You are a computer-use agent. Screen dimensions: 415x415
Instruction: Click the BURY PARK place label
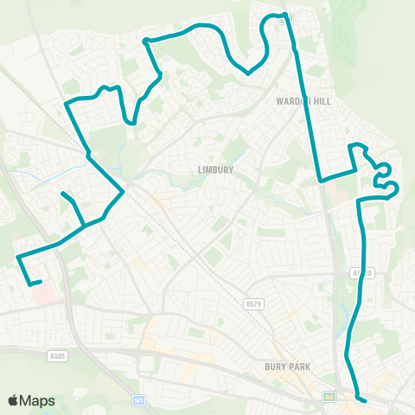[x=288, y=366]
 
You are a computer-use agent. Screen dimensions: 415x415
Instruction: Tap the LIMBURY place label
[x=214, y=170]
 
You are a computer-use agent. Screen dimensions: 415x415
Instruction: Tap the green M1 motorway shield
[x=138, y=400]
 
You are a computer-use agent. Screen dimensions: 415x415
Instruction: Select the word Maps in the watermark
[x=38, y=400]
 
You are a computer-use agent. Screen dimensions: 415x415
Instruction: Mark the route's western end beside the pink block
[x=41, y=281]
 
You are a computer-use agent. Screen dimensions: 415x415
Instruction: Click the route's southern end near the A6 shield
[x=366, y=400]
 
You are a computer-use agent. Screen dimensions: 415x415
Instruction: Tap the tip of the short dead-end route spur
[x=62, y=194]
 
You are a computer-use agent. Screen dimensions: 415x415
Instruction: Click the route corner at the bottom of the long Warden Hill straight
[x=320, y=181]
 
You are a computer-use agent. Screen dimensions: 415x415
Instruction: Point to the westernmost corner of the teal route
[x=18, y=256]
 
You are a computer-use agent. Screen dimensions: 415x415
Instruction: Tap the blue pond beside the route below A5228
[x=358, y=300]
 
